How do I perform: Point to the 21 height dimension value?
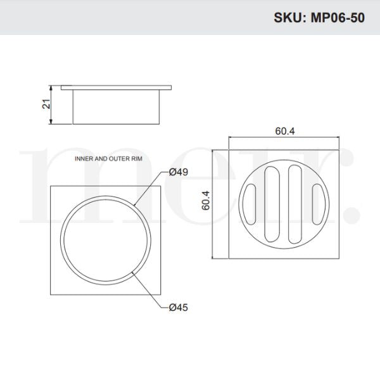click(x=46, y=103)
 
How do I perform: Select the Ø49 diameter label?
click(x=179, y=172)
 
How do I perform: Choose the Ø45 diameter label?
click(x=179, y=308)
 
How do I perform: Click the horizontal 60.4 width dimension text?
click(x=285, y=131)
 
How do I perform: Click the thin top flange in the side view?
click(x=116, y=85)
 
